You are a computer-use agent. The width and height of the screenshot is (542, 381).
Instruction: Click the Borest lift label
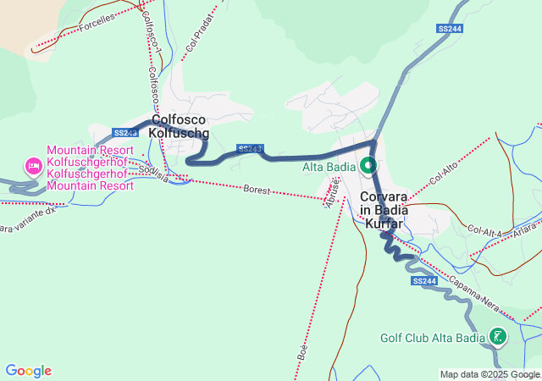click(257, 190)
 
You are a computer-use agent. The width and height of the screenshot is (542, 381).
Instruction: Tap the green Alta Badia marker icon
click(369, 165)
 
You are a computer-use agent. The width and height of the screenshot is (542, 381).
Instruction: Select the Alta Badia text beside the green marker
click(329, 167)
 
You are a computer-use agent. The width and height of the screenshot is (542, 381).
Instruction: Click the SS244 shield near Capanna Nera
click(425, 280)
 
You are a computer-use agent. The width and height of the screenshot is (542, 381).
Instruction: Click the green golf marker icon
click(498, 337)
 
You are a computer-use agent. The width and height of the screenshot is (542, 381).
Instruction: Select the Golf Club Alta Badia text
click(432, 338)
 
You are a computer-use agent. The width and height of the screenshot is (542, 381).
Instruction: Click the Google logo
click(28, 371)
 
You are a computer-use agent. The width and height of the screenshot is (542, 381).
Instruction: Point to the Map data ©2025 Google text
click(489, 374)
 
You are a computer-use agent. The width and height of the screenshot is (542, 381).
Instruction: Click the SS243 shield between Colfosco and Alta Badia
click(249, 148)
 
